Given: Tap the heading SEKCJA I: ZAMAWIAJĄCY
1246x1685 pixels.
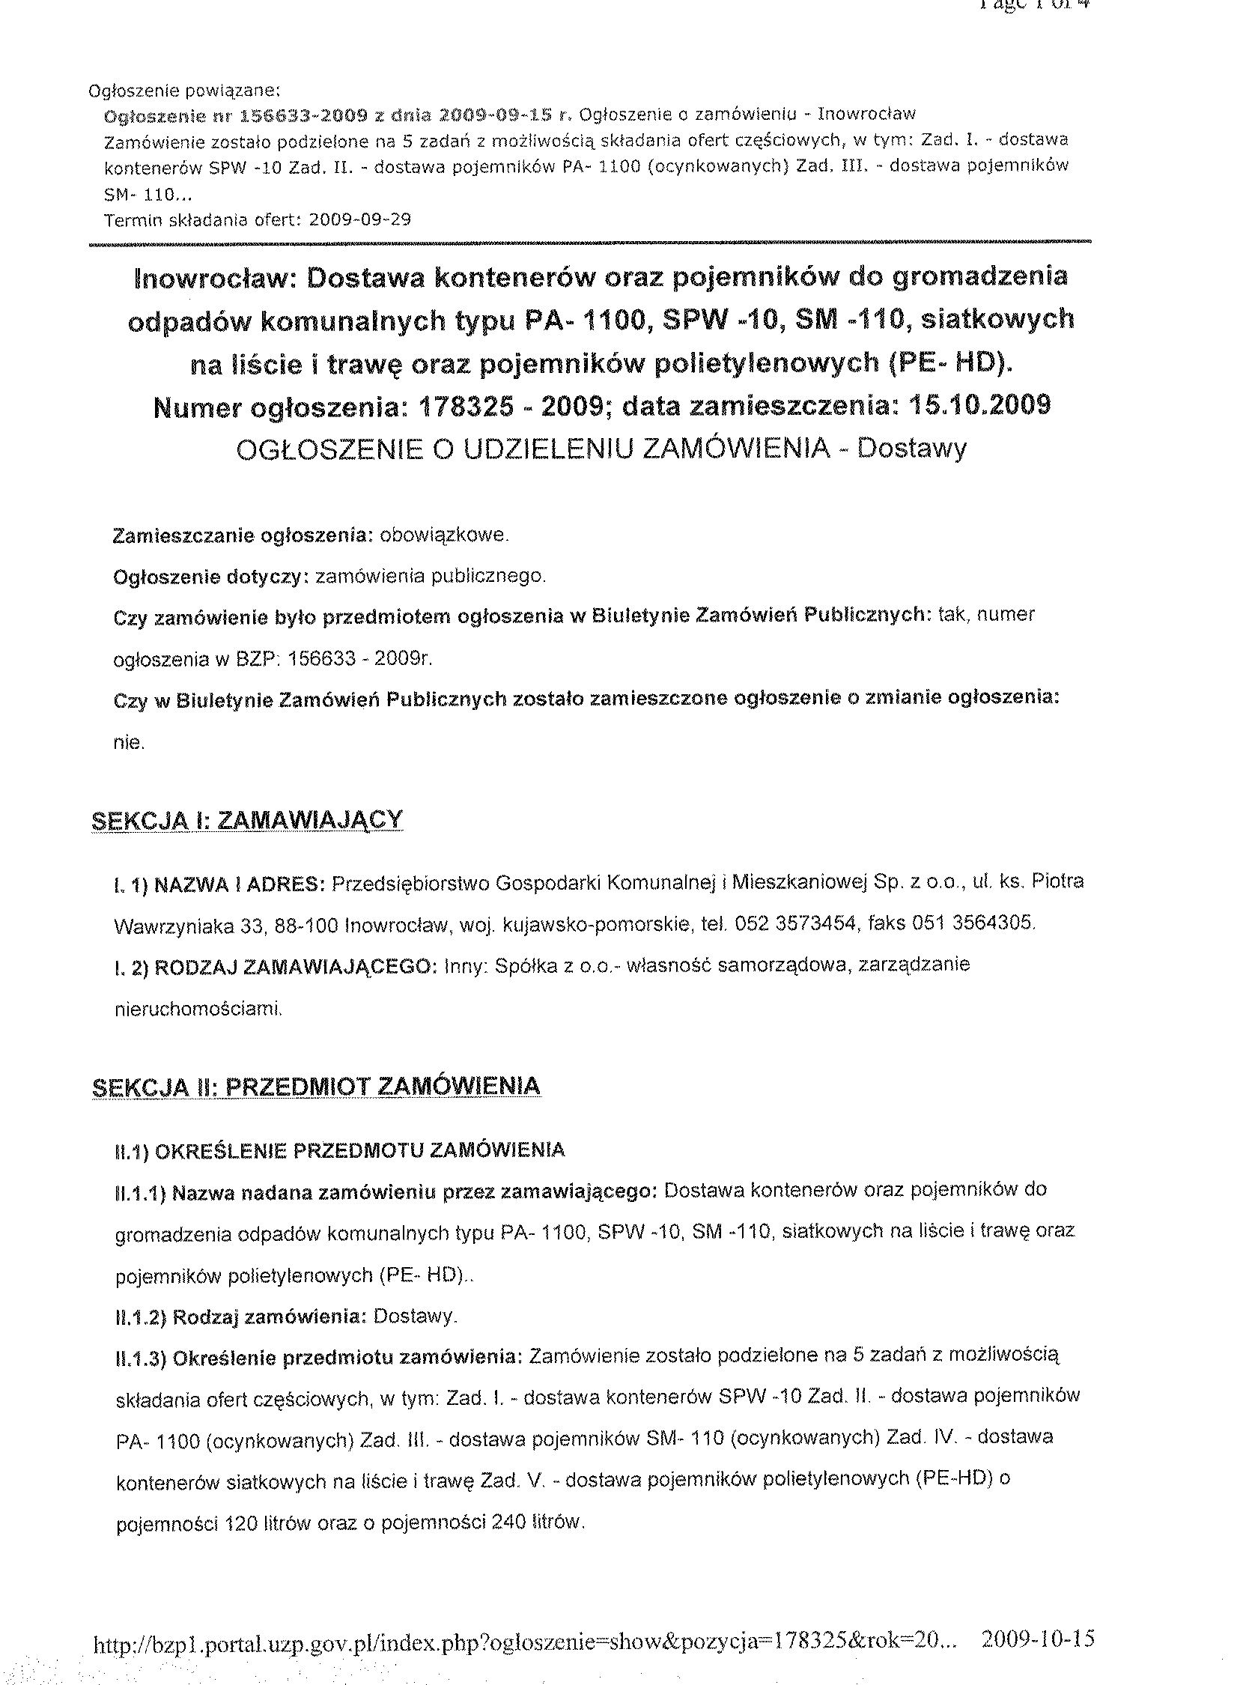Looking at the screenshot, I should tap(246, 820).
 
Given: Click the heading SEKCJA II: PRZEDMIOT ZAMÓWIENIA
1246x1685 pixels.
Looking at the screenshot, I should tap(315, 1086).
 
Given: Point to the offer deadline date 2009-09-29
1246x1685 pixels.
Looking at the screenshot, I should tap(359, 219).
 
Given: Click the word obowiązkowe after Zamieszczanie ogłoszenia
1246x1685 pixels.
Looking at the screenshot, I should tap(444, 535).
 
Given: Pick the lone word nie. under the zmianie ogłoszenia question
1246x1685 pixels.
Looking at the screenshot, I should tap(129, 742).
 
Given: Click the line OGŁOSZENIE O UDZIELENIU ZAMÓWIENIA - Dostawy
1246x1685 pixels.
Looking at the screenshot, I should tap(601, 449).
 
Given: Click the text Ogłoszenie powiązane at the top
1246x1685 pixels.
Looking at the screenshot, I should tap(184, 91).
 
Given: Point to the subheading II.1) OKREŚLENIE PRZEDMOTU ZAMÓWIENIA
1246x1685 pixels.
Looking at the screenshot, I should tap(338, 1150).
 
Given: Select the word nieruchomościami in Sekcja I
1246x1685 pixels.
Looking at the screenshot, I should tap(198, 1009).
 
